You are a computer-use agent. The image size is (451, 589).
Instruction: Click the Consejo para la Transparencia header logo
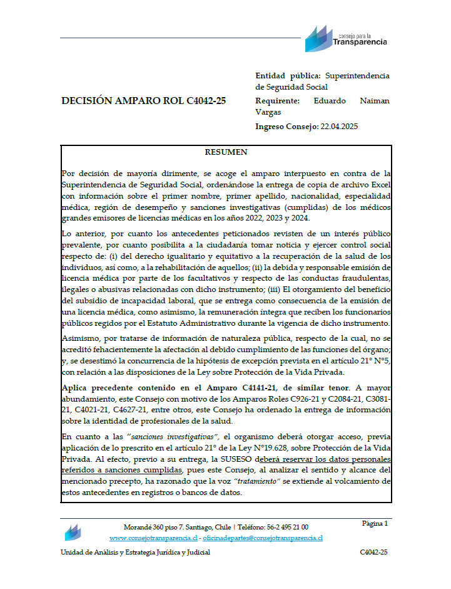pyautogui.click(x=345, y=39)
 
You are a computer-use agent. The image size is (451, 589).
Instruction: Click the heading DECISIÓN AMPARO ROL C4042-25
pyautogui.click(x=144, y=101)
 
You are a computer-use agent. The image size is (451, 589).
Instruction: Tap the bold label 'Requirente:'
pyautogui.click(x=278, y=100)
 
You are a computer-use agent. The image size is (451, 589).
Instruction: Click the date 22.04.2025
pyautogui.click(x=339, y=126)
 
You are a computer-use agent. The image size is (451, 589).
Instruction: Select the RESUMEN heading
pyautogui.click(x=226, y=152)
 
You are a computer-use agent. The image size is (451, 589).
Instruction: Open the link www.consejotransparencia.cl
pyautogui.click(x=154, y=538)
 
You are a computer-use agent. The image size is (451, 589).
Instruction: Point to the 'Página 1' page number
pyautogui.click(x=375, y=523)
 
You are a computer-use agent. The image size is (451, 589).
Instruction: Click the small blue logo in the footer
pyautogui.click(x=73, y=533)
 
